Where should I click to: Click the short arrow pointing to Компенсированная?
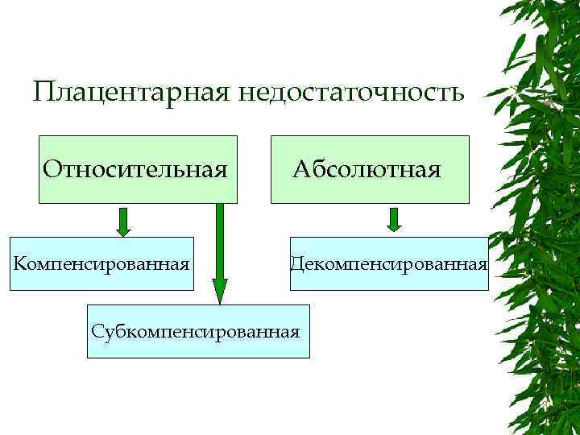[x=122, y=222]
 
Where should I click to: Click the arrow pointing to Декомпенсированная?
[x=393, y=220]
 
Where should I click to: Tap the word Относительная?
[x=134, y=169]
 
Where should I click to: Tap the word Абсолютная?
[x=367, y=169]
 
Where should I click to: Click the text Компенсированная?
[x=101, y=263]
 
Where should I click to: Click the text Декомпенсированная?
[x=389, y=263]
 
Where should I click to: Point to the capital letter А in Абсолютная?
[x=301, y=169]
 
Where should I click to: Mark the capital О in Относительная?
[x=52, y=169]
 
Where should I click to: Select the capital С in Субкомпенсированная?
[x=97, y=330]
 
